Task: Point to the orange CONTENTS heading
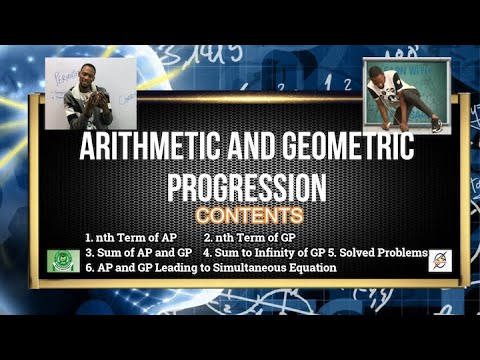click(x=249, y=215)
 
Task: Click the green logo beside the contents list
click(x=64, y=261)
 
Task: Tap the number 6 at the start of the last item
click(x=89, y=268)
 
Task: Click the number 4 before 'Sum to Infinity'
click(x=206, y=253)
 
